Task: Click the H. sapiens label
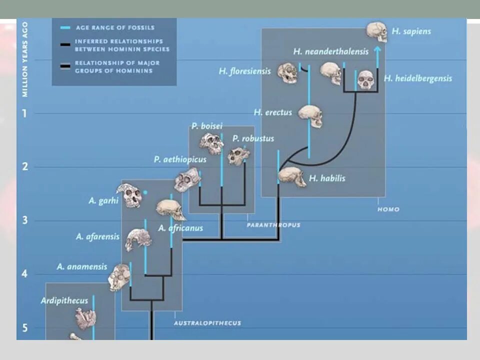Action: [410, 31]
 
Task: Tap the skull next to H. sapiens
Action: [376, 31]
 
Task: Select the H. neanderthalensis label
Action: [330, 51]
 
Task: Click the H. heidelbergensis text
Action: [417, 78]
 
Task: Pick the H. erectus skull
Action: [310, 115]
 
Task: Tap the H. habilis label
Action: [327, 178]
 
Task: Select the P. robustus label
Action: [253, 138]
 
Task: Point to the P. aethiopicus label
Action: [180, 159]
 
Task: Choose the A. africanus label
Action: [180, 228]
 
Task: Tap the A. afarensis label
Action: [98, 236]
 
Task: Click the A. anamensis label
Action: [81, 266]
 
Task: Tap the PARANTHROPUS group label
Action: [273, 225]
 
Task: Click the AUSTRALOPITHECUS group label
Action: [207, 323]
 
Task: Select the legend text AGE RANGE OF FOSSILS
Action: [114, 28]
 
